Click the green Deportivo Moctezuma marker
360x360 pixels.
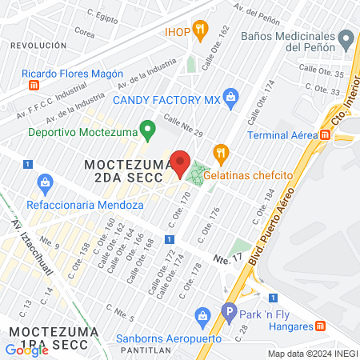(x=146, y=128)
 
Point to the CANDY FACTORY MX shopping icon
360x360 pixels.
(x=231, y=98)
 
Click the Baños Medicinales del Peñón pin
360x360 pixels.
(x=346, y=38)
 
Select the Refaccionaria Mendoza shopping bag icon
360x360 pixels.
(x=46, y=186)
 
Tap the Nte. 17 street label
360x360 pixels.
(x=227, y=259)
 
